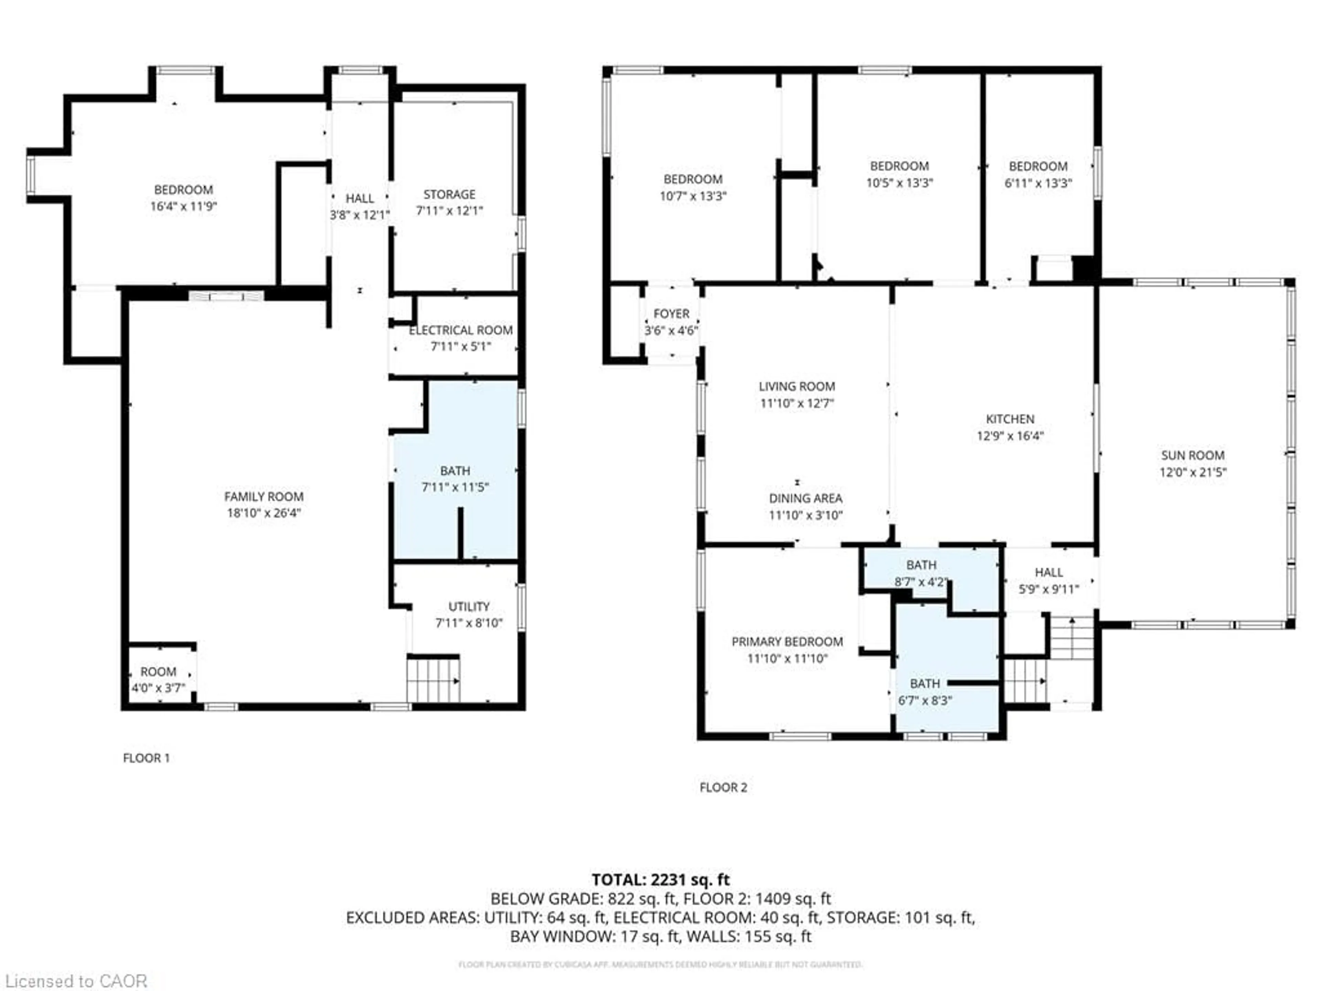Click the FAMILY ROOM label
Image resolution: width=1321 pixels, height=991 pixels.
coord(264,497)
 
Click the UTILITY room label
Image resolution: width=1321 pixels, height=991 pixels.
coord(469,606)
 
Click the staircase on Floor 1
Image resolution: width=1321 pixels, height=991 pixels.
coord(433,680)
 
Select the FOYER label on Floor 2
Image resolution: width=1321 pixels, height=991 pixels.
coord(671,313)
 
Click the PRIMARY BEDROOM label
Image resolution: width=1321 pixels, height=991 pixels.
coord(787,641)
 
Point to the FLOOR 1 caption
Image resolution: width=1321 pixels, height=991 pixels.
coord(146,758)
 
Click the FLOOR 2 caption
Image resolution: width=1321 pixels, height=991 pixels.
coord(723,787)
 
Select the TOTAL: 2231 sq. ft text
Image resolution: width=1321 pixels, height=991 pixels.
coord(660,879)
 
